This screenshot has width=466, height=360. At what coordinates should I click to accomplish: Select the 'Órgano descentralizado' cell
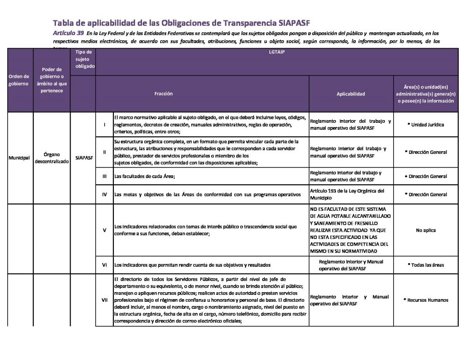coord(51,158)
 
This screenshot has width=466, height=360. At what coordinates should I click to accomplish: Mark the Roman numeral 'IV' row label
coord(105,195)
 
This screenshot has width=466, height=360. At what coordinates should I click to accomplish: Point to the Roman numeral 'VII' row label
coord(105,300)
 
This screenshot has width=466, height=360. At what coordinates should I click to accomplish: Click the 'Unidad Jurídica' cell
coord(427,125)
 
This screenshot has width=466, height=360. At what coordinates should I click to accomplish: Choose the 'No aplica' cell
coord(426,230)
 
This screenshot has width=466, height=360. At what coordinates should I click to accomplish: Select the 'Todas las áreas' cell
coord(426,265)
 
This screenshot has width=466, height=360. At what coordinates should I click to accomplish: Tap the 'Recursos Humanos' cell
coord(426,300)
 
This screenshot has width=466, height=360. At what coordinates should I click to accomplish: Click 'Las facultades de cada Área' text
coord(145,176)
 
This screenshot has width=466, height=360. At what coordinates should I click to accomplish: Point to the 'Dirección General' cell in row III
coord(427,176)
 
